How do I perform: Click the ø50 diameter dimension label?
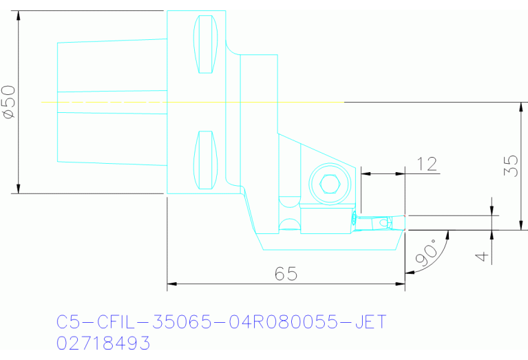pos(9,103)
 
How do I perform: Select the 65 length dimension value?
pos(286,273)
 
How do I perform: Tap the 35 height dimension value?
pos(510,166)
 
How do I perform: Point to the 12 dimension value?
pos(427,164)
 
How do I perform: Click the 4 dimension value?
pos(483,255)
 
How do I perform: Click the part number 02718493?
pos(103,343)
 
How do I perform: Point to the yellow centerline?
pos(193,102)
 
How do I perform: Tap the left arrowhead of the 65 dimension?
pos(172,283)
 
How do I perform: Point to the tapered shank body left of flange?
pos(110,102)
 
